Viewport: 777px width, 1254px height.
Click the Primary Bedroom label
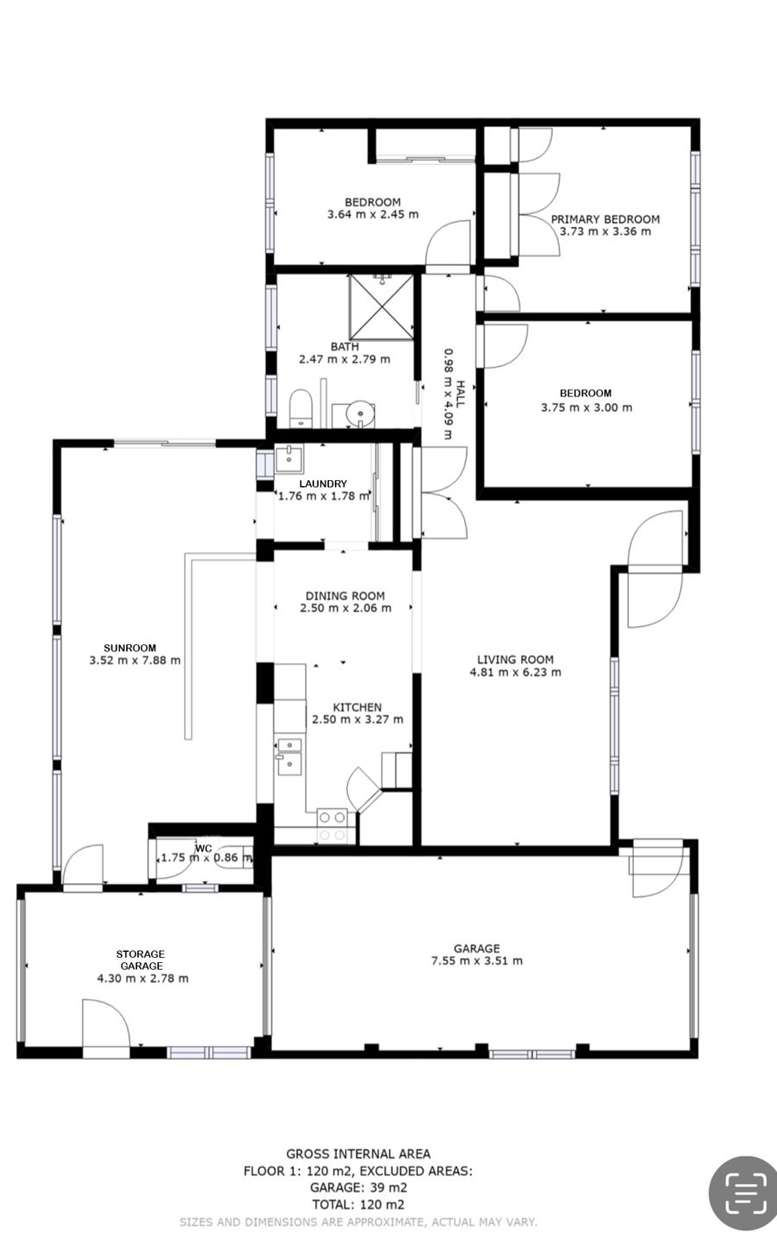(605, 219)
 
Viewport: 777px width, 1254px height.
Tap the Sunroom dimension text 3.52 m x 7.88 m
(135, 661)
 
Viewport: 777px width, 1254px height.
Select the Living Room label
(515, 660)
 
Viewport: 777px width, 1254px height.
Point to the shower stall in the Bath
(382, 307)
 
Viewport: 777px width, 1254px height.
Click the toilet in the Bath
(300, 408)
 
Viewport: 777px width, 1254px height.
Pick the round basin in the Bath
(360, 415)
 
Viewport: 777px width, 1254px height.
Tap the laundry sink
(289, 459)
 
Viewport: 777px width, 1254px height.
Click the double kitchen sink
(290, 757)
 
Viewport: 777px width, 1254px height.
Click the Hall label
(460, 394)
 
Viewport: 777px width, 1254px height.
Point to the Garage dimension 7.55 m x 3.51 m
(477, 961)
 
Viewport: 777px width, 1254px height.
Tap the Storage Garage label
(141, 960)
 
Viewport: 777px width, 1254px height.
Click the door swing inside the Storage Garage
(106, 1023)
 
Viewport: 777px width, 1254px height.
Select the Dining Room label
(345, 596)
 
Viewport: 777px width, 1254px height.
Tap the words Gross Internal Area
(358, 1154)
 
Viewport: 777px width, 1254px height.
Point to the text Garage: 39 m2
(358, 1187)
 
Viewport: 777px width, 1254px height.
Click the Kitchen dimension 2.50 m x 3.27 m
(357, 720)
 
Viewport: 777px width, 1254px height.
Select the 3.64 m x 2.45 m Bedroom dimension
(373, 214)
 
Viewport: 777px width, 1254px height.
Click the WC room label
(203, 849)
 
